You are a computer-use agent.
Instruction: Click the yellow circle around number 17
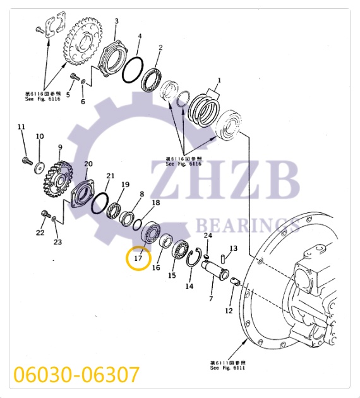[138, 258]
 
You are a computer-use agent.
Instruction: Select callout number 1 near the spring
[219, 81]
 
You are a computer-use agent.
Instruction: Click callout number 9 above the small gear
[60, 148]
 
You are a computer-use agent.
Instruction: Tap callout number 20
[88, 164]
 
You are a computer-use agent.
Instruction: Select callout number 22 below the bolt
[40, 232]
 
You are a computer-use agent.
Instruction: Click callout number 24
[207, 236]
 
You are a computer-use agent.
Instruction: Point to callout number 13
[233, 248]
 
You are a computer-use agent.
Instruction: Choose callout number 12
[229, 311]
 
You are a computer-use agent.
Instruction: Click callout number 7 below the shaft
[211, 297]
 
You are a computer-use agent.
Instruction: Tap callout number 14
[189, 286]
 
